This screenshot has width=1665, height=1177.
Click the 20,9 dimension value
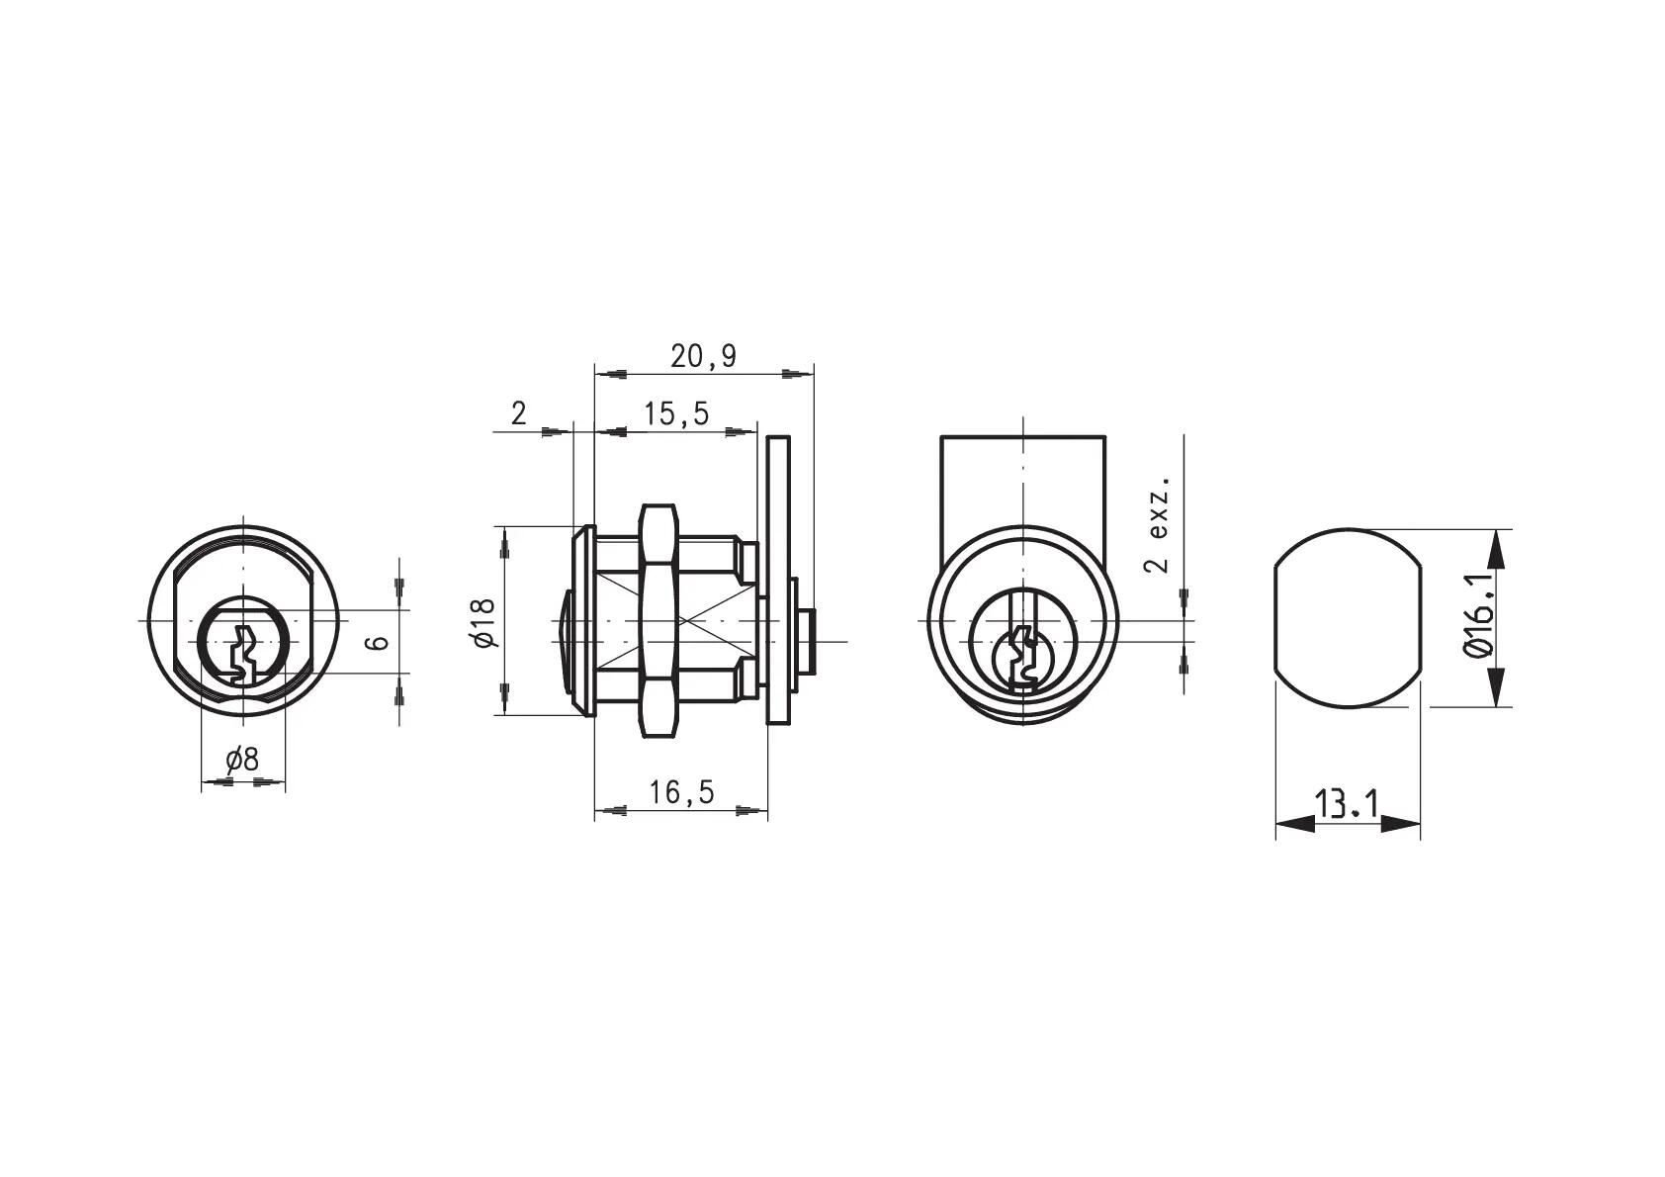click(x=702, y=357)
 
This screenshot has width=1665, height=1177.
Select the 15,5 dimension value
click(x=676, y=414)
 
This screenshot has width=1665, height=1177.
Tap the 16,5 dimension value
click(x=681, y=792)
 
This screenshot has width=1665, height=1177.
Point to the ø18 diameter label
click(x=483, y=622)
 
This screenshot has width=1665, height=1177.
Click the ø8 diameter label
click(x=242, y=760)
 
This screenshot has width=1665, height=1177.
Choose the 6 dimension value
click(x=379, y=642)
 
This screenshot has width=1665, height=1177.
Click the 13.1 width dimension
click(x=1347, y=803)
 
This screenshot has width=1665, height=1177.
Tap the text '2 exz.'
click(x=1158, y=524)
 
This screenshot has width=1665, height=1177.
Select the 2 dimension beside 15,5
click(x=518, y=413)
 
